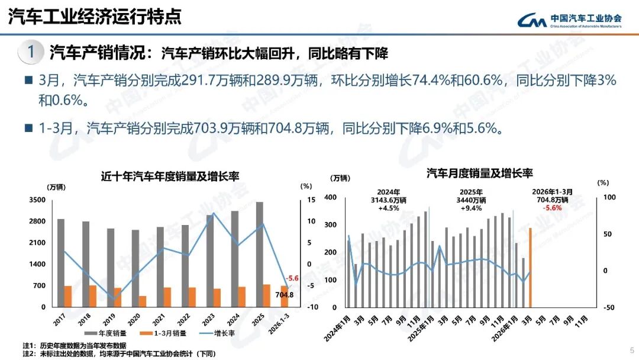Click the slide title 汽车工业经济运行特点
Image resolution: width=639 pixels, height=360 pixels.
point(95,16)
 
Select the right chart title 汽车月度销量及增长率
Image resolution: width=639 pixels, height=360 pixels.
point(480,173)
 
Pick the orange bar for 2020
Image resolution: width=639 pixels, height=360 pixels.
point(143,301)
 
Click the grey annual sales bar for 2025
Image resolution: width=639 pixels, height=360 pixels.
point(259,254)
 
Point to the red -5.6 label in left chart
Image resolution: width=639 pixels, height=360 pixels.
point(292,278)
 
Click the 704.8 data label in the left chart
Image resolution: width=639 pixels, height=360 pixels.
point(285,294)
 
